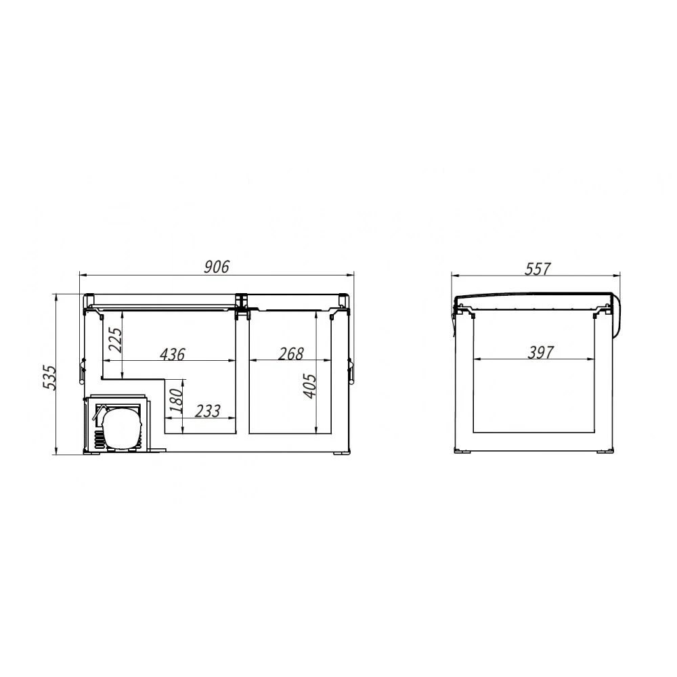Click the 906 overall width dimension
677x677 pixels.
(217, 267)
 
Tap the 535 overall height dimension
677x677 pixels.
(51, 378)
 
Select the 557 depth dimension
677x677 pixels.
(538, 269)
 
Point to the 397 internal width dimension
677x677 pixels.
(540, 353)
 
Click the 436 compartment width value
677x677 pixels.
(172, 355)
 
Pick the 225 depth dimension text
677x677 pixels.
(115, 340)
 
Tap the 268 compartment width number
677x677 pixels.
(291, 354)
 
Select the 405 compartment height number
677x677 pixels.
(309, 386)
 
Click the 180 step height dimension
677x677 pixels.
(176, 401)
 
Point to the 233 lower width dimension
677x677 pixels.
(208, 411)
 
